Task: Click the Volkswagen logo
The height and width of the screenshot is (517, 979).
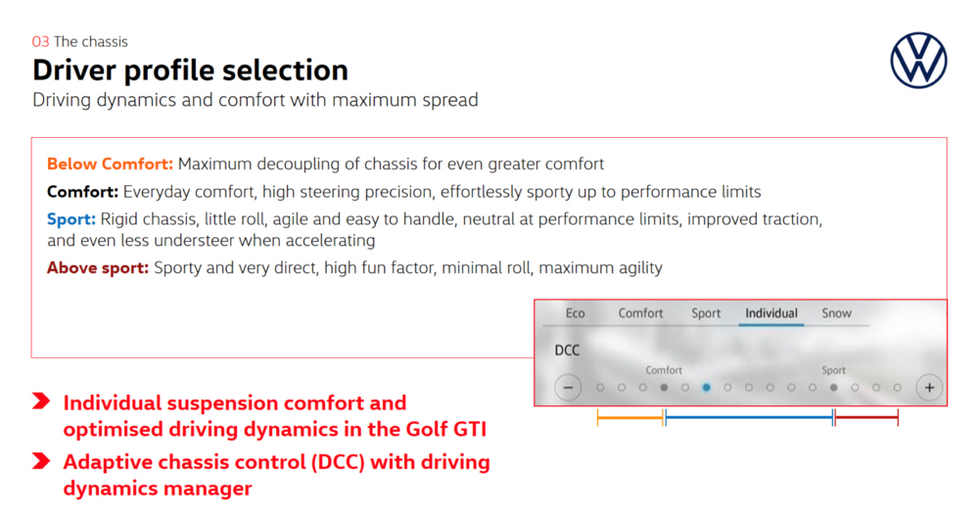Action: pyautogui.click(x=918, y=60)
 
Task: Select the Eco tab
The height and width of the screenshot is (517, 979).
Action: pyautogui.click(x=575, y=313)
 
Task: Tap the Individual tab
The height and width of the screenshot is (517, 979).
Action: pyautogui.click(x=771, y=313)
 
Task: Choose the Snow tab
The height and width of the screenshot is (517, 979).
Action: pyautogui.click(x=836, y=313)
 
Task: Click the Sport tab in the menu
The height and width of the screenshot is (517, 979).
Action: pyautogui.click(x=706, y=313)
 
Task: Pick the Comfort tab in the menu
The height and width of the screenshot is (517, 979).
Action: pyautogui.click(x=640, y=313)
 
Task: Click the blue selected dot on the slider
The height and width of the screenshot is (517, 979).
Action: pyautogui.click(x=706, y=388)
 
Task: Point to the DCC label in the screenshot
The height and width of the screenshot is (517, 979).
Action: pyautogui.click(x=567, y=351)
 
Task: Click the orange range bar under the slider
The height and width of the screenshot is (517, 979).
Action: pyautogui.click(x=629, y=418)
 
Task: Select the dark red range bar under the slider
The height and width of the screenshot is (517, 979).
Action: pyautogui.click(x=866, y=418)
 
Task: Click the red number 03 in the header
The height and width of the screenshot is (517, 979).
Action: pyautogui.click(x=40, y=42)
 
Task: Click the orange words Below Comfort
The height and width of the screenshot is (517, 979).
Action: pyautogui.click(x=110, y=164)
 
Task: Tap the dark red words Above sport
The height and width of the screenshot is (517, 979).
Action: pyautogui.click(x=98, y=268)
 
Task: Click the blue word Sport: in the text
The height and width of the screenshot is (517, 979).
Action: pyautogui.click(x=71, y=219)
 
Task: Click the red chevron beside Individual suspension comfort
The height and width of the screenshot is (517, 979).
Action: pyautogui.click(x=41, y=401)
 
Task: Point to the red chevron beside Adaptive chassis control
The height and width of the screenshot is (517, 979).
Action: pyautogui.click(x=41, y=461)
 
